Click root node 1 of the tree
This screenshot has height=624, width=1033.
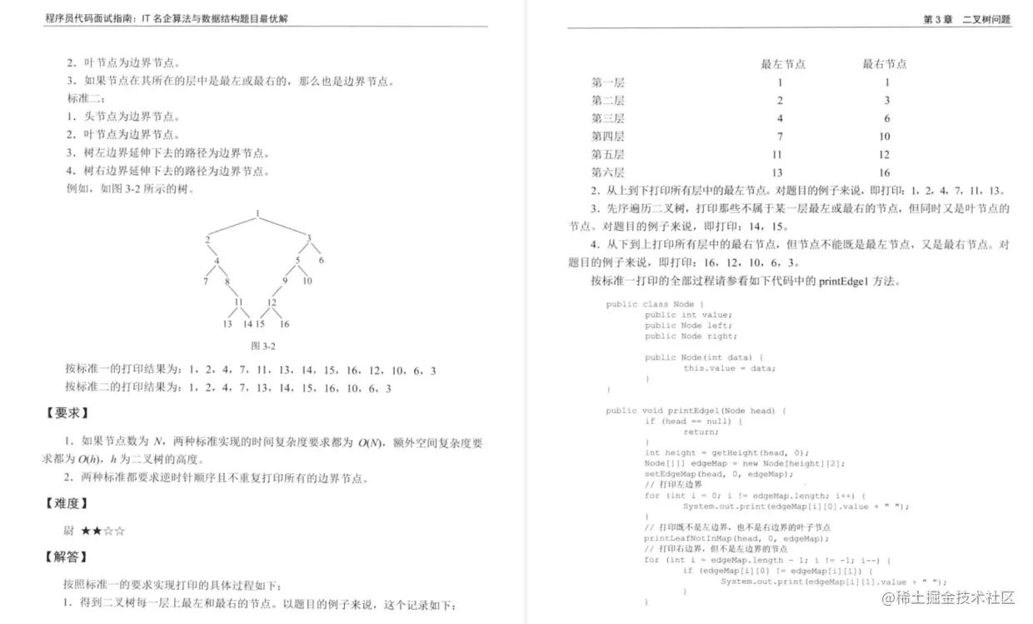coord(257,213)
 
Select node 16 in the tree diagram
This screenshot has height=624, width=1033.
coord(284,324)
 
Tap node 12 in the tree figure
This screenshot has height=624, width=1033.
coord(272,302)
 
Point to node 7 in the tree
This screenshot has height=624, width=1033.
coord(205,281)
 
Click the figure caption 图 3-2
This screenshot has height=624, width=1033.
coord(263,345)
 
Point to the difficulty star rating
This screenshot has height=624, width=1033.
coord(103,530)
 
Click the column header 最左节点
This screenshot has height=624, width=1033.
coord(783,64)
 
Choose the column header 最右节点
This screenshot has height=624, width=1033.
coord(885,64)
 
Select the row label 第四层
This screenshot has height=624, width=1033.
coord(608,137)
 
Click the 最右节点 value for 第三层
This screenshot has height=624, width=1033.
coord(887,118)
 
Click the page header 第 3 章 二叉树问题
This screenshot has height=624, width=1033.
coord(966,19)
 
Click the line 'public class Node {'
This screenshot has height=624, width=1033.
coord(655,304)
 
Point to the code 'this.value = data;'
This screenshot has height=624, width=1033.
coord(723,367)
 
